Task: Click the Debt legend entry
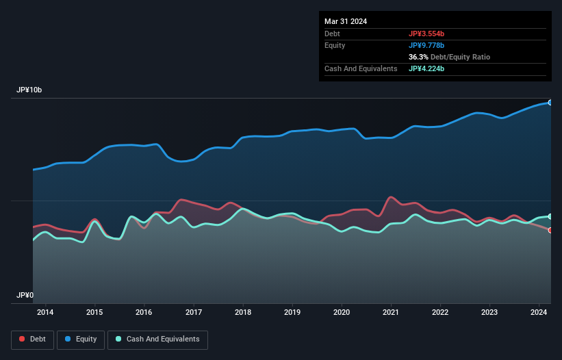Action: pos(32,339)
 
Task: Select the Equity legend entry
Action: pos(80,339)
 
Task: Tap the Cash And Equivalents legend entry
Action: pos(157,339)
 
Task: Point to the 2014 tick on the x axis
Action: pos(45,313)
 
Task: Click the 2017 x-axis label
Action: pos(194,313)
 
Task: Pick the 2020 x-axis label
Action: pos(342,313)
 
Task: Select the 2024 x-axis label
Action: pos(539,313)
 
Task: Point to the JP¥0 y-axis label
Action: pos(25,295)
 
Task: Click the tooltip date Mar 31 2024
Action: pos(346,21)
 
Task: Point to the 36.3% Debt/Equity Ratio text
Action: pos(449,57)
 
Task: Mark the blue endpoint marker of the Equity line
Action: pos(550,102)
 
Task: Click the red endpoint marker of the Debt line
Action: pos(550,230)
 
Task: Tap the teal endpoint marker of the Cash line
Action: pos(550,216)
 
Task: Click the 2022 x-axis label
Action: pos(440,313)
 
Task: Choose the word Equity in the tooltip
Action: pos(335,45)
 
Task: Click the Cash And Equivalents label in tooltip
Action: pos(361,68)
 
